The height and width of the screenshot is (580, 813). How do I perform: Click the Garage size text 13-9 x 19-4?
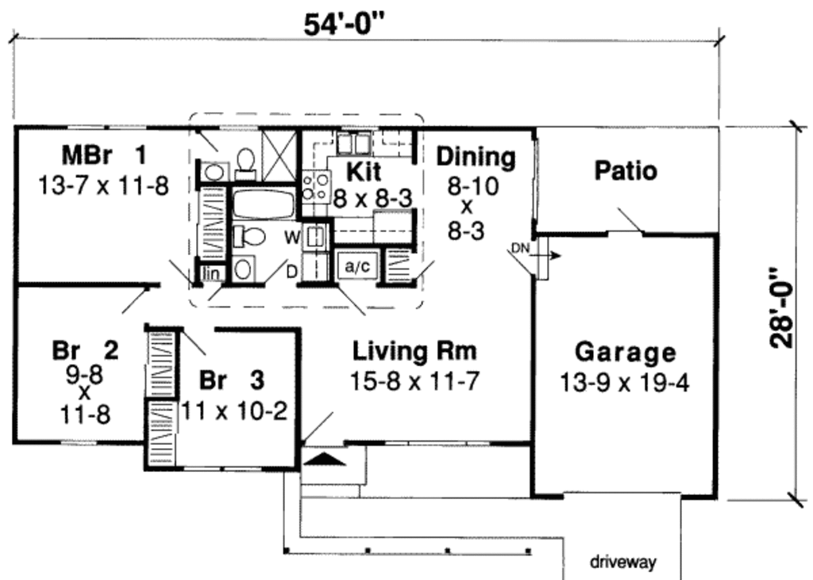click(624, 383)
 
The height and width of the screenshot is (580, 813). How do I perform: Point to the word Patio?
click(626, 171)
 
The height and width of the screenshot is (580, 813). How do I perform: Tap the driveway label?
click(622, 563)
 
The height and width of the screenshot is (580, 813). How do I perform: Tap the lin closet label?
click(211, 273)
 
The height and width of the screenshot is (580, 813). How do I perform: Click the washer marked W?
click(316, 235)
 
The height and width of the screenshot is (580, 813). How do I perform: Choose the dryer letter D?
click(292, 272)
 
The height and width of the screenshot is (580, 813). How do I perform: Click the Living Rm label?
click(414, 350)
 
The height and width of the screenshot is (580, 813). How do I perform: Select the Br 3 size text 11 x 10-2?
click(233, 410)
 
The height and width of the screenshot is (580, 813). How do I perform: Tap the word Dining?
click(475, 157)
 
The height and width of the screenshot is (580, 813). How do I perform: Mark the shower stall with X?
click(278, 146)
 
